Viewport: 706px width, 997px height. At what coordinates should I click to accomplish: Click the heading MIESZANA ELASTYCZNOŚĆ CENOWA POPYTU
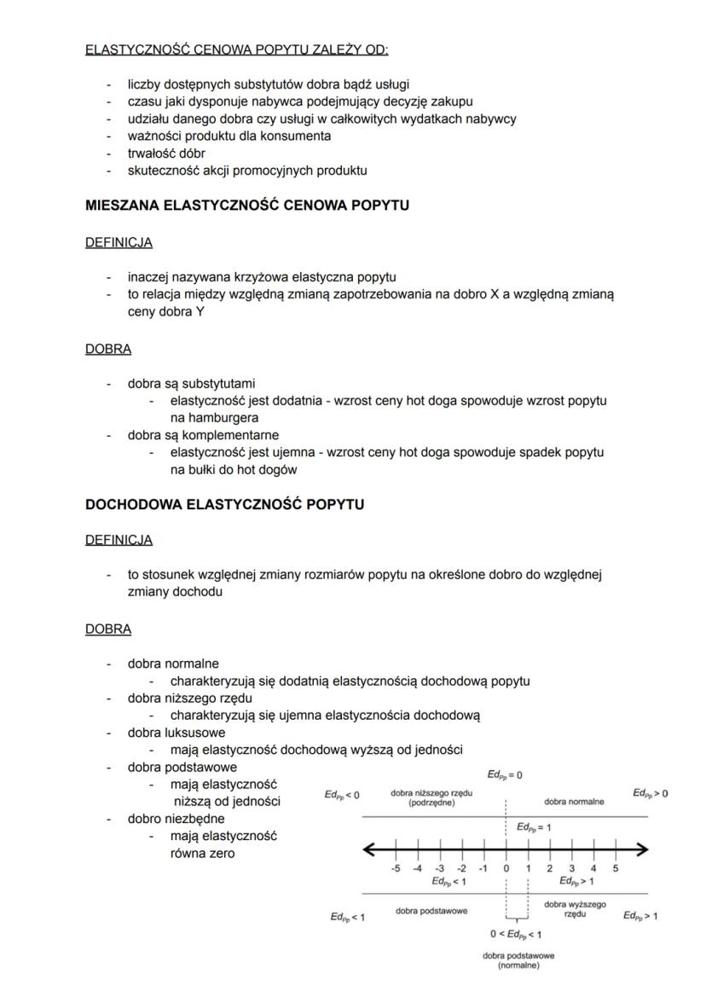[247, 206]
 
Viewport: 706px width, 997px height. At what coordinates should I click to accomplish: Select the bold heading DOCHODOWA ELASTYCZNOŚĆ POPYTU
[224, 505]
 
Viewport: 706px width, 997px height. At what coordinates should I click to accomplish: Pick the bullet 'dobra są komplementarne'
[203, 435]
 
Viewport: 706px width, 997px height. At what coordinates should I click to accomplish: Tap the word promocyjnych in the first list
[279, 171]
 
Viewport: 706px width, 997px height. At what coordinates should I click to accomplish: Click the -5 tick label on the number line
[396, 869]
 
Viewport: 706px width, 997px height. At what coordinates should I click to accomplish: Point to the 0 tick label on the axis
[506, 869]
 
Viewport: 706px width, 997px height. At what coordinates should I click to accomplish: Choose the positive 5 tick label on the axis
[615, 869]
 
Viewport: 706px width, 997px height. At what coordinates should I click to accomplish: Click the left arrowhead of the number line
[369, 850]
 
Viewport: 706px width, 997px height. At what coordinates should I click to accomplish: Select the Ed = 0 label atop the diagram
[505, 774]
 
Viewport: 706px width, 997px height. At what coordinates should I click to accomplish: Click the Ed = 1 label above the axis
[534, 826]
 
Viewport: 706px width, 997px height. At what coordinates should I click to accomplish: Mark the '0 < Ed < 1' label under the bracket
[516, 935]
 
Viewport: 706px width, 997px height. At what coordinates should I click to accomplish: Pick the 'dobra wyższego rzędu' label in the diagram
[576, 908]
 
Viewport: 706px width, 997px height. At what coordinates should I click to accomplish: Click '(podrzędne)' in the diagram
[431, 803]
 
